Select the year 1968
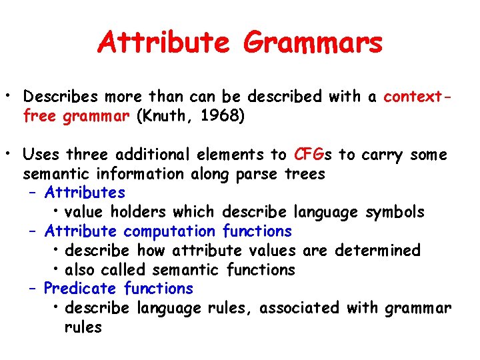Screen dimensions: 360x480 click(222, 117)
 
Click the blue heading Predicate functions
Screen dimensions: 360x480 click(118, 289)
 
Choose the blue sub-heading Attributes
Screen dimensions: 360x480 click(85, 193)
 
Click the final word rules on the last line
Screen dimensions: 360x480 click(83, 327)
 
